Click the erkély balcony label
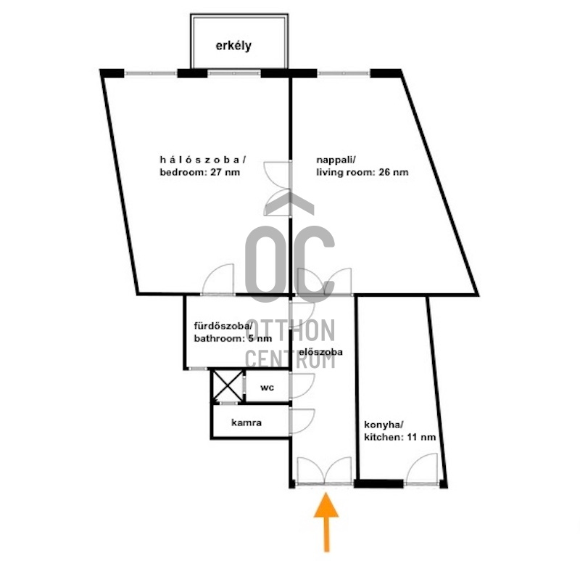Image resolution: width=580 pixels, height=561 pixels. pos(233,46)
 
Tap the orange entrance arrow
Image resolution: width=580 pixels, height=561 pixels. pos(326,522)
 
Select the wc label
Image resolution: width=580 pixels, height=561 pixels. pos(267,388)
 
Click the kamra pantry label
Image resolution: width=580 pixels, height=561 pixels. pos(246,422)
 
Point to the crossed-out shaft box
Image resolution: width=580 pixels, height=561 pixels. pos(227,386)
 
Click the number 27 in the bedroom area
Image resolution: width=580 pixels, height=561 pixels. pos(216,172)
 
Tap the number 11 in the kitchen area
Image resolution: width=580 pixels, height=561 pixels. pos(413,437)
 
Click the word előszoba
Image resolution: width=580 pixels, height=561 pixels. pos(320,352)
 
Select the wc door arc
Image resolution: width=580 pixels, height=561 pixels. pos(302,386)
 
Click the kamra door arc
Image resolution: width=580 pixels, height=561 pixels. pos(302,421)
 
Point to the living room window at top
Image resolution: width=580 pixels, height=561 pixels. pos(344,73)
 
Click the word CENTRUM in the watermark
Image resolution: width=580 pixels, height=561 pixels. pos(290,359)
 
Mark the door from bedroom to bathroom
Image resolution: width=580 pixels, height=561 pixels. pos(218,279)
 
